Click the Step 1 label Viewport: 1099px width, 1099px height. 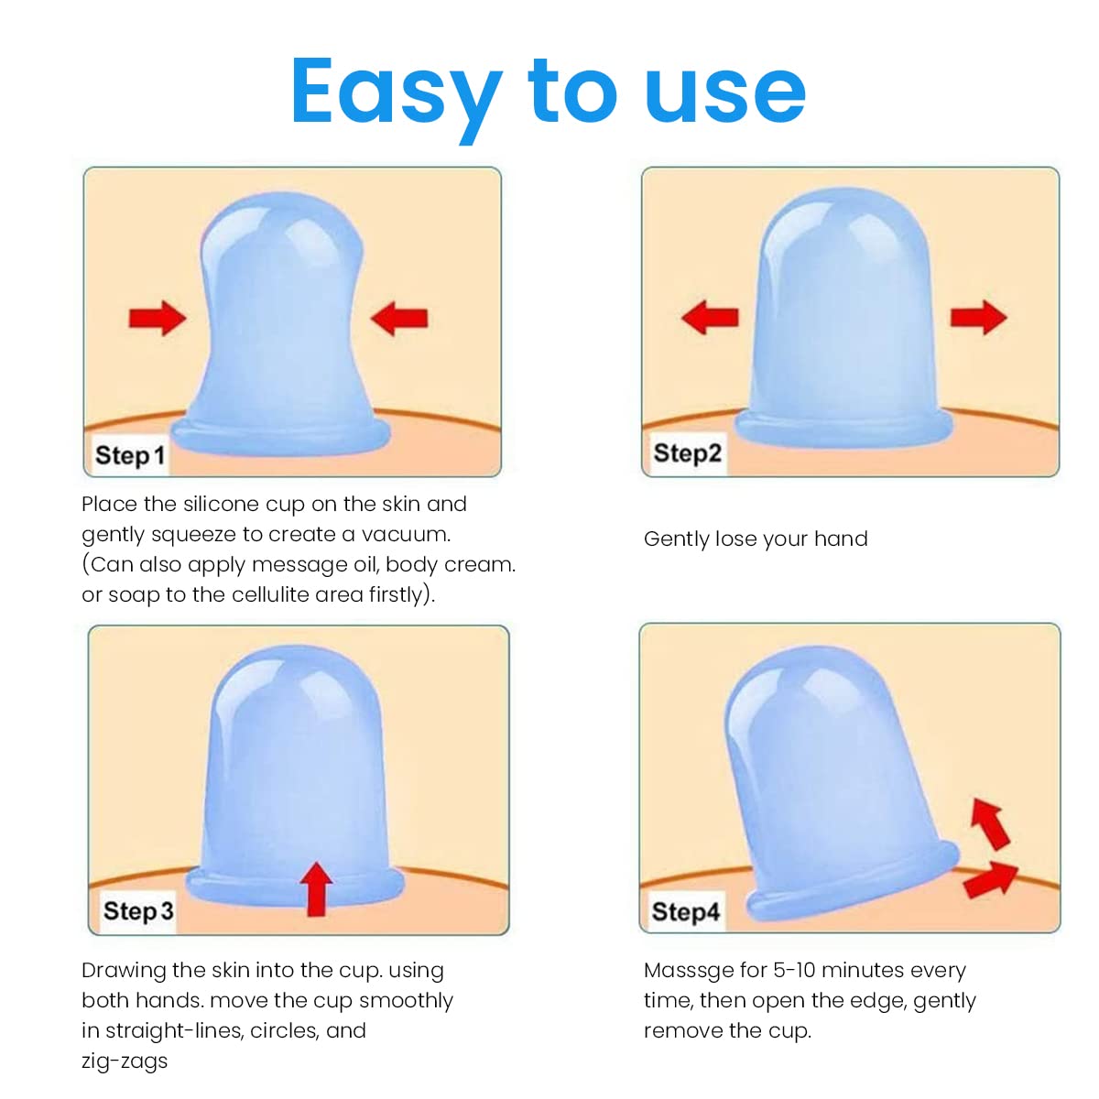coord(130,456)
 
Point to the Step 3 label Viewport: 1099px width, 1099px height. coord(138,910)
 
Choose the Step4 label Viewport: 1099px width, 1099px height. coord(686,910)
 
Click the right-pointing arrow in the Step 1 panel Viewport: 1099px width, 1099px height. coord(158,318)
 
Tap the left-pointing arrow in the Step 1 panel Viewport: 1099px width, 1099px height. coord(399,318)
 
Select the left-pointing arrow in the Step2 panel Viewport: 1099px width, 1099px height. coord(710,317)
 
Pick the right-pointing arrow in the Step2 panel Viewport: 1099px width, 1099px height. coord(979,317)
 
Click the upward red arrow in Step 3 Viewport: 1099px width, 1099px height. coord(317,889)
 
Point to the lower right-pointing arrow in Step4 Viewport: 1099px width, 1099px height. coord(991,881)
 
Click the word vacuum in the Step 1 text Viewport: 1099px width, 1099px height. coord(406,534)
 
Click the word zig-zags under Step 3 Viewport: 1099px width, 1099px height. coord(125,1061)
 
